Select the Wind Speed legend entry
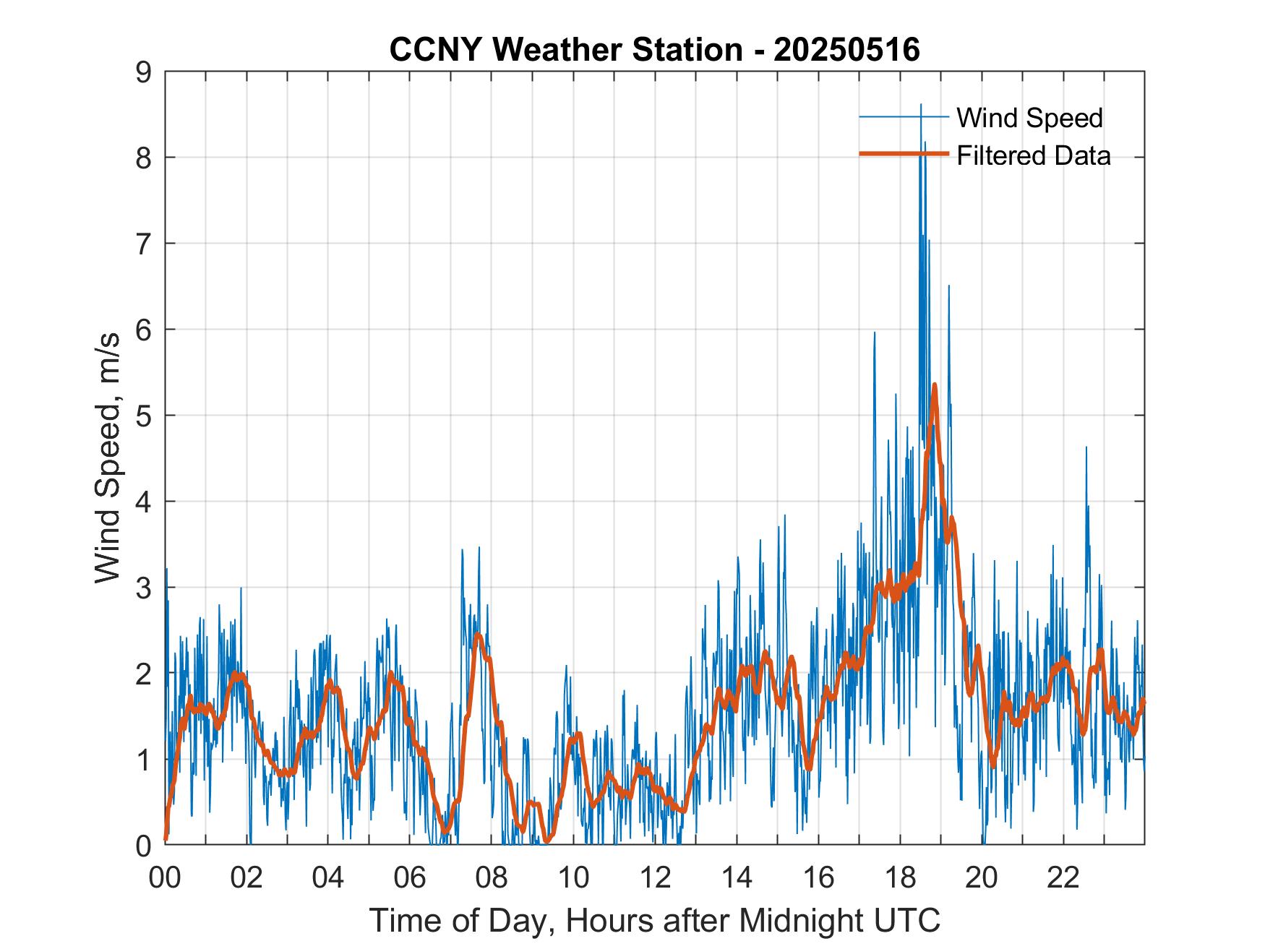tap(1029, 117)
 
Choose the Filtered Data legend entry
tap(1033, 155)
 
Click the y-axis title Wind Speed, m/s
tap(108, 458)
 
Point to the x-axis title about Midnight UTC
tap(655, 920)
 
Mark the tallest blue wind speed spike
tap(920, 106)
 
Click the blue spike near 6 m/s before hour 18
tap(875, 333)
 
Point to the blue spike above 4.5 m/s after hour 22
tap(1086, 448)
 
